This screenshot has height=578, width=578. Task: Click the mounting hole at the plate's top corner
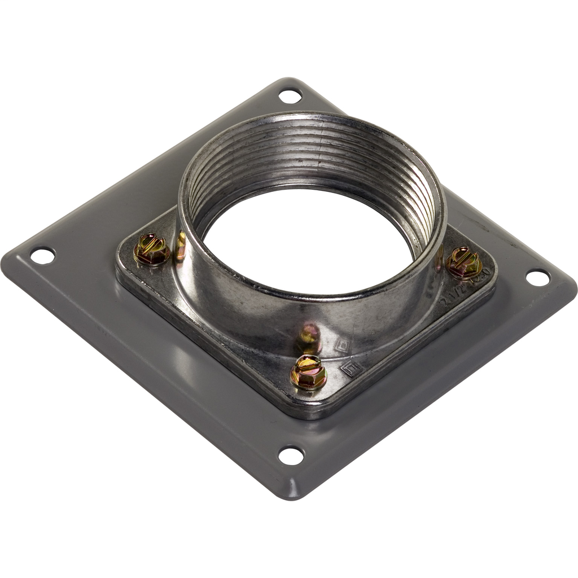pyautogui.click(x=290, y=96)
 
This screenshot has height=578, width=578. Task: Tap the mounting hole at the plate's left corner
pyautogui.click(x=43, y=256)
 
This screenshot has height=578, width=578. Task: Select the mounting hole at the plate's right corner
pyautogui.click(x=537, y=277)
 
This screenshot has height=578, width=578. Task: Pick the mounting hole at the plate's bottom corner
pyautogui.click(x=291, y=455)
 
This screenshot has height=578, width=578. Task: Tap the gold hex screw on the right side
pyautogui.click(x=464, y=262)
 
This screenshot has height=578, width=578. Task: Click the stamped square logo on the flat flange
pyautogui.click(x=351, y=369)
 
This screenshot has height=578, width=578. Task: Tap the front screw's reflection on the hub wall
pyautogui.click(x=309, y=338)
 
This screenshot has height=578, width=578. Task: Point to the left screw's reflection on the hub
pyautogui.click(x=181, y=246)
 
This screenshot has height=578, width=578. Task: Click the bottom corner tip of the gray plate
pyautogui.click(x=290, y=497)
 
